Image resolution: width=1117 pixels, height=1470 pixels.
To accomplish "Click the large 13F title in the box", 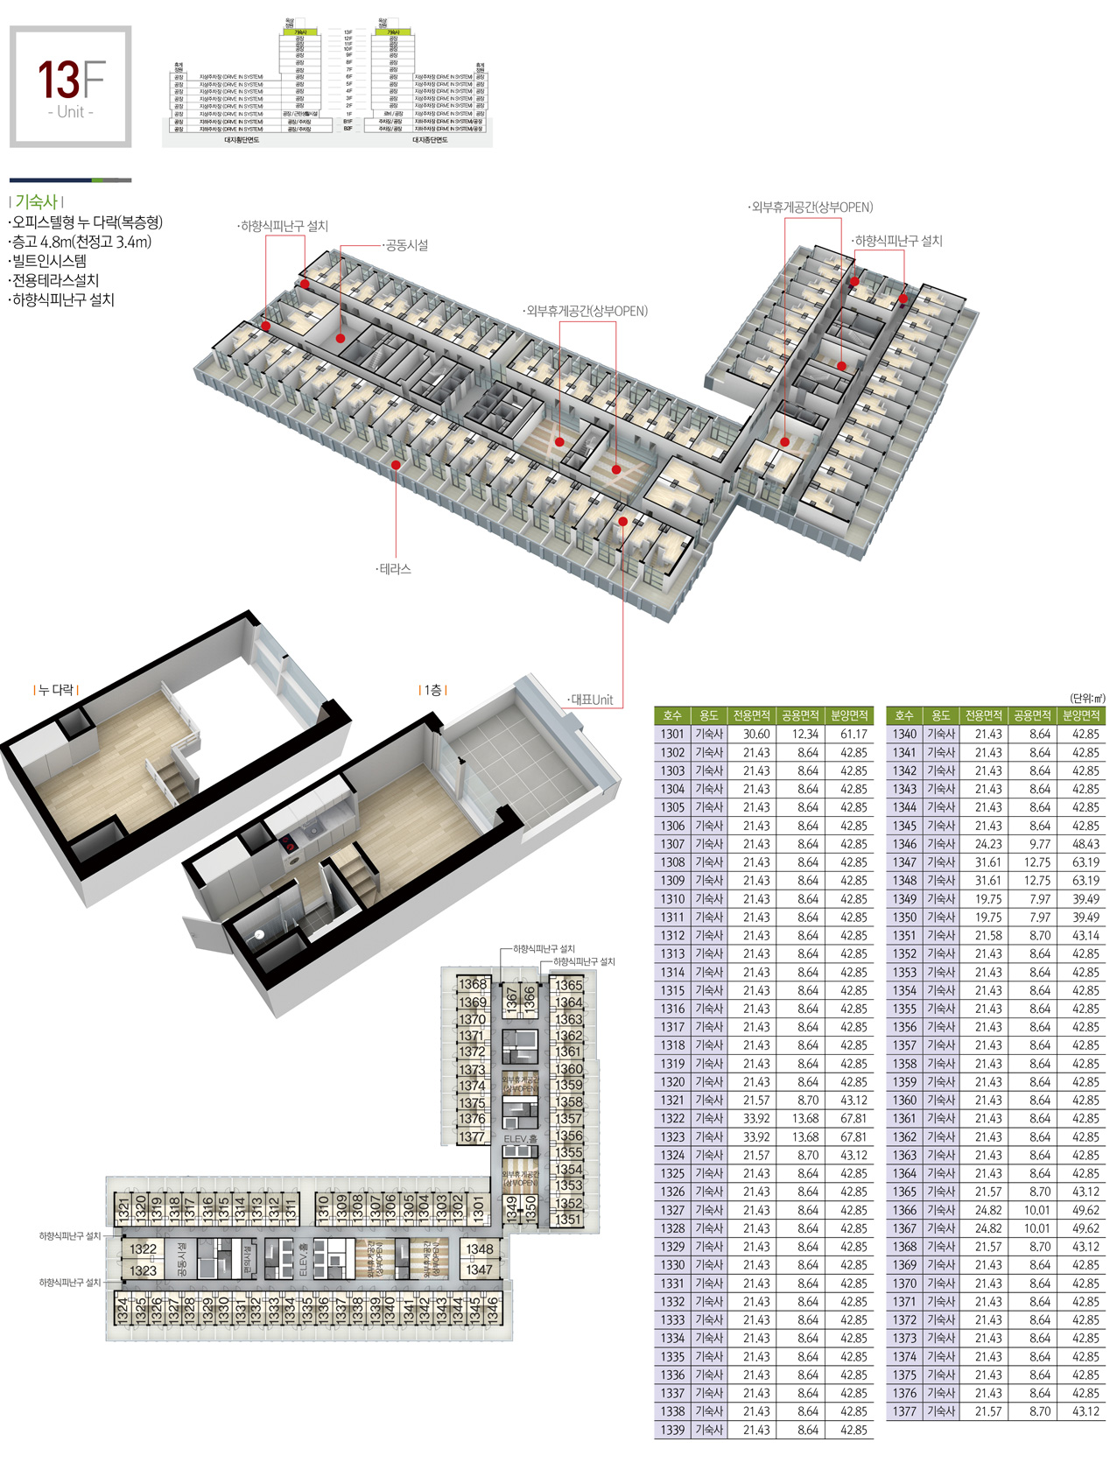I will tap(71, 80).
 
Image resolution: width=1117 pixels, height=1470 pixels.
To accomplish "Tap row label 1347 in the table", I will tap(904, 862).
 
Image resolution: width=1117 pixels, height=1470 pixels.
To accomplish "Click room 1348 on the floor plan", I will tap(479, 1249).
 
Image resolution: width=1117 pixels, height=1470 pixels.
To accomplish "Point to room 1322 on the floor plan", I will tap(143, 1249).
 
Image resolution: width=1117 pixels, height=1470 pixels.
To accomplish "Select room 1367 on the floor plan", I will tap(512, 999).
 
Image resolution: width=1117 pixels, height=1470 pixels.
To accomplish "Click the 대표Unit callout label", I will tap(592, 700).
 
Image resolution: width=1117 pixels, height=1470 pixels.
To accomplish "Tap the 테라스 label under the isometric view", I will tap(394, 569).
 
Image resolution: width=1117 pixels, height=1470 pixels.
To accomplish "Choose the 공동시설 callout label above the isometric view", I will tap(406, 246).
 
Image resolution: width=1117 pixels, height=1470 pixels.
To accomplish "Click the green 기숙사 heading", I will tap(36, 202).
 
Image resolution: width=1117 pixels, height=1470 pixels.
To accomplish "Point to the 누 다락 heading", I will tap(56, 691).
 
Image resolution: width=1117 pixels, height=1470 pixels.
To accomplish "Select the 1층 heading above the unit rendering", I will tap(432, 691).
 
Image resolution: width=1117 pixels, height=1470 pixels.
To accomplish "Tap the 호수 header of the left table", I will tap(672, 716).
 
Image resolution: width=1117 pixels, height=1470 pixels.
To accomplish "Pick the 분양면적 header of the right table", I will tap(1080, 716).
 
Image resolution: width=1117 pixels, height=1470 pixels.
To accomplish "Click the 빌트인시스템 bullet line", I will tap(49, 261).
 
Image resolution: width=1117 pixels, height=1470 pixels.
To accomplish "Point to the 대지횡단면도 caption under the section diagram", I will tap(242, 139).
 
